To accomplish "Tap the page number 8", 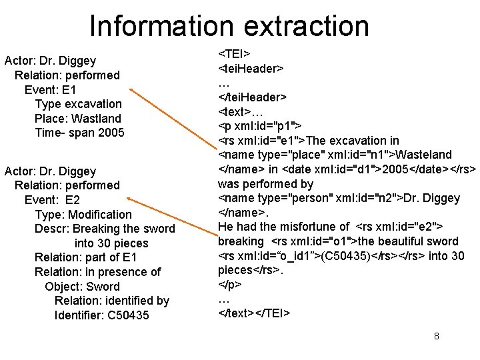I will point(436,336).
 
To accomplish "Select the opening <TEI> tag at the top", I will point(235,53).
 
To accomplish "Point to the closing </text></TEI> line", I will point(254,313).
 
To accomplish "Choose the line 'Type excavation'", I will point(78,104).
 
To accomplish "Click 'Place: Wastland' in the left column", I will point(78,119).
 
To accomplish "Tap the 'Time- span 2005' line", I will point(79,133).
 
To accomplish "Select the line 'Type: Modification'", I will point(83,214).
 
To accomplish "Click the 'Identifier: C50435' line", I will point(102,315).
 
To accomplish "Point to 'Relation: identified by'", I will point(112,301).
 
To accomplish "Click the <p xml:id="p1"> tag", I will point(260,125).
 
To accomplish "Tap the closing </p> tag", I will point(230,285).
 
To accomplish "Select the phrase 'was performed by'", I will point(266,183).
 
